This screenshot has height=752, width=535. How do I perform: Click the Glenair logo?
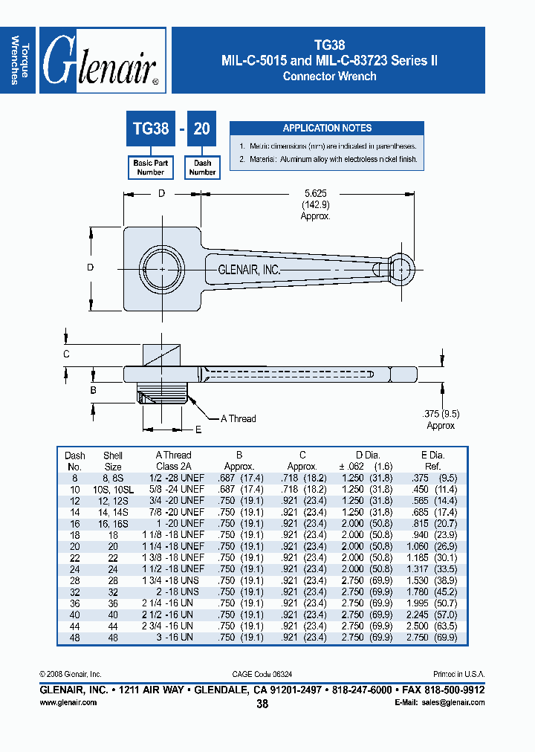[x=102, y=61]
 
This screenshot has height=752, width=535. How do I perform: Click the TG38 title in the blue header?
[x=328, y=45]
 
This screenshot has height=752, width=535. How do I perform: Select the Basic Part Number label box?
[x=150, y=167]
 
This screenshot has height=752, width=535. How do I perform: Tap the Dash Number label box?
[x=202, y=167]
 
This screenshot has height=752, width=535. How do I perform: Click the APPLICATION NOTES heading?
[x=327, y=128]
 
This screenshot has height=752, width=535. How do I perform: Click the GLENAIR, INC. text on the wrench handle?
[x=249, y=270]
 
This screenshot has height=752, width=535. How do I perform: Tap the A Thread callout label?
[x=238, y=418]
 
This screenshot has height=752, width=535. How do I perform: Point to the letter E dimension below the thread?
[x=198, y=430]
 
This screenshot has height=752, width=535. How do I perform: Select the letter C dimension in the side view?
[x=66, y=354]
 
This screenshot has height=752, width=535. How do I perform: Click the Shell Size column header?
[x=113, y=461]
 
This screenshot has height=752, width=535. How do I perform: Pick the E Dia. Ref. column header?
[x=432, y=461]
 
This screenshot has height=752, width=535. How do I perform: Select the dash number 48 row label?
[x=75, y=637]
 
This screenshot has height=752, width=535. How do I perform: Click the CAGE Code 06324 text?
[x=262, y=674]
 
